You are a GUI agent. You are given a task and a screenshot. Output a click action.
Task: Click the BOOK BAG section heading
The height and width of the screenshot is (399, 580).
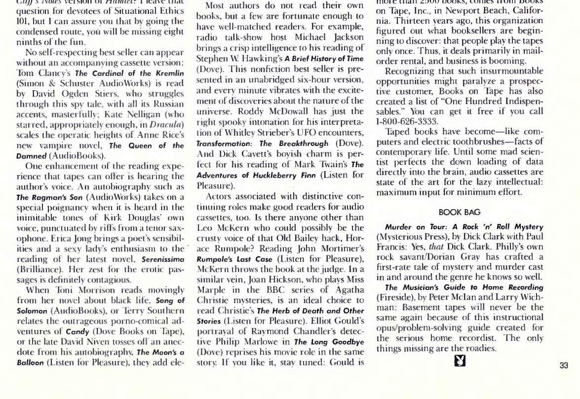pos(459,212)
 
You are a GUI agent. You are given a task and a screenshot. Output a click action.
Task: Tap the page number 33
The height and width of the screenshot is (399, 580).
pos(564,365)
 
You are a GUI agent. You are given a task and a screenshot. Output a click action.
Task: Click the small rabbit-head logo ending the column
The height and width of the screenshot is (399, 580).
pos(460,364)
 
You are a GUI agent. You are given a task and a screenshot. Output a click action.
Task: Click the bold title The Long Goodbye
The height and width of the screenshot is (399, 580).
pos(329,341)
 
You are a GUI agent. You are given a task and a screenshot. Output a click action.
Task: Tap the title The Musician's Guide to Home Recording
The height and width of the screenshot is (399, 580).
pos(464,287)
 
